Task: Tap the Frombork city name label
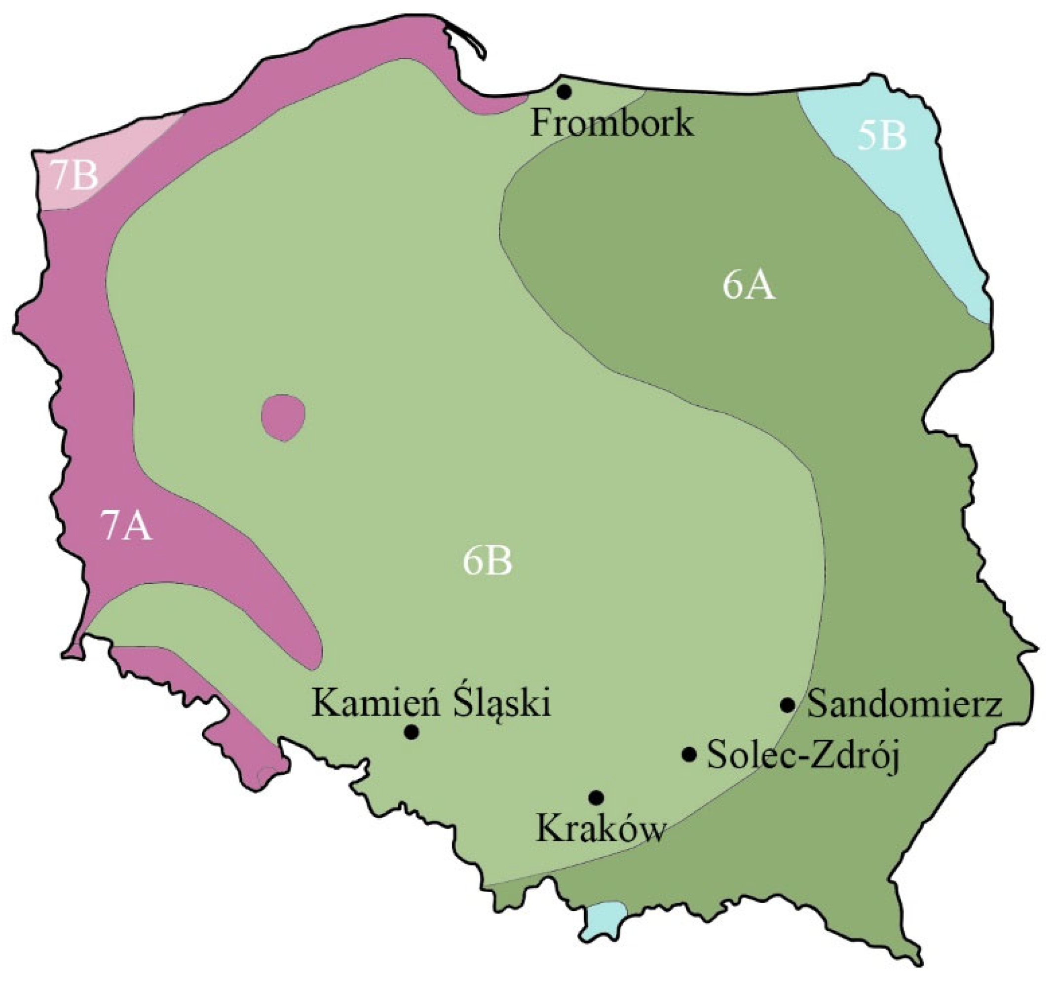[612, 123]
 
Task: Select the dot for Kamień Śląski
[411, 732]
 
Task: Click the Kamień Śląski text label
[431, 704]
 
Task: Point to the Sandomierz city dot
[788, 705]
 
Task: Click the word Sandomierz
[905, 706]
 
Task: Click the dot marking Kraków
[596, 797]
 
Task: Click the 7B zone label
[75, 175]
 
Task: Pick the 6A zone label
[749, 286]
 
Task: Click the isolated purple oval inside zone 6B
[283, 417]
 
